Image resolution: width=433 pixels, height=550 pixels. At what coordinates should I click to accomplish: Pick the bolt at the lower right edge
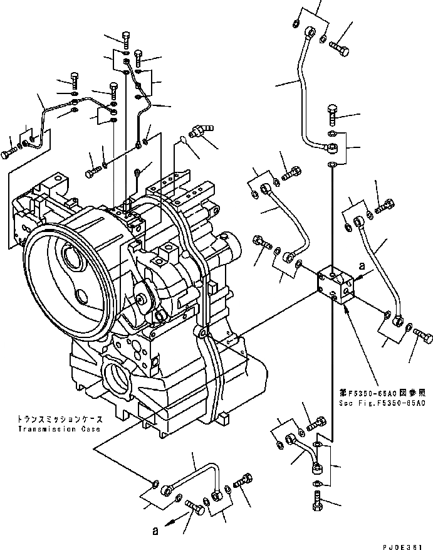(423, 337)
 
